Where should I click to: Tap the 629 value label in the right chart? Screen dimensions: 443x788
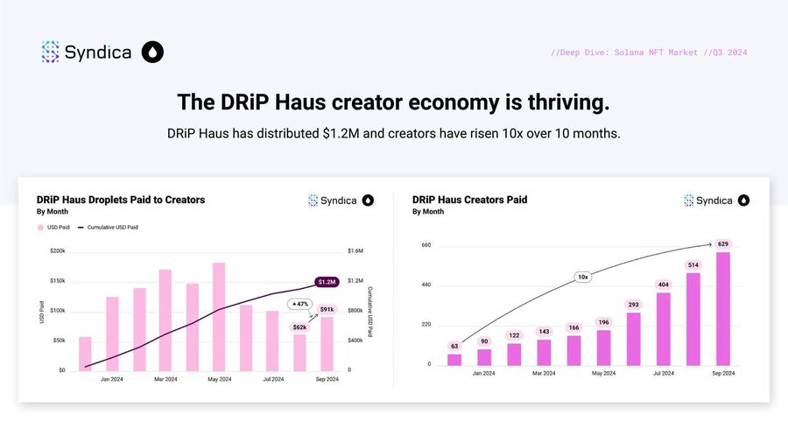(722, 244)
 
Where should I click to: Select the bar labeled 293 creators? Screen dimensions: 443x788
(633, 338)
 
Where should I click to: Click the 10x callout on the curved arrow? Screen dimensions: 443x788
(582, 277)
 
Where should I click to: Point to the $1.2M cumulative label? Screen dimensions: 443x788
(327, 282)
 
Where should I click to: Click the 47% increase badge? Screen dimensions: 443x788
(299, 304)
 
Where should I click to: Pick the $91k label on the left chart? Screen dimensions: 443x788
(327, 309)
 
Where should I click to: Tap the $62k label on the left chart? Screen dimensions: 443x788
(299, 327)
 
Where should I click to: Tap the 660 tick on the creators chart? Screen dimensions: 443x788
(426, 245)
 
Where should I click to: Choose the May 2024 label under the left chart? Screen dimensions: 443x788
(219, 379)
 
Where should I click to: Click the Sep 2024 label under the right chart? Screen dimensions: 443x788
(722, 373)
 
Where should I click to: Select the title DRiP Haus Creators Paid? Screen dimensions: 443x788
(469, 200)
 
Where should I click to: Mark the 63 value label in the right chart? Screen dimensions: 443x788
(454, 346)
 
